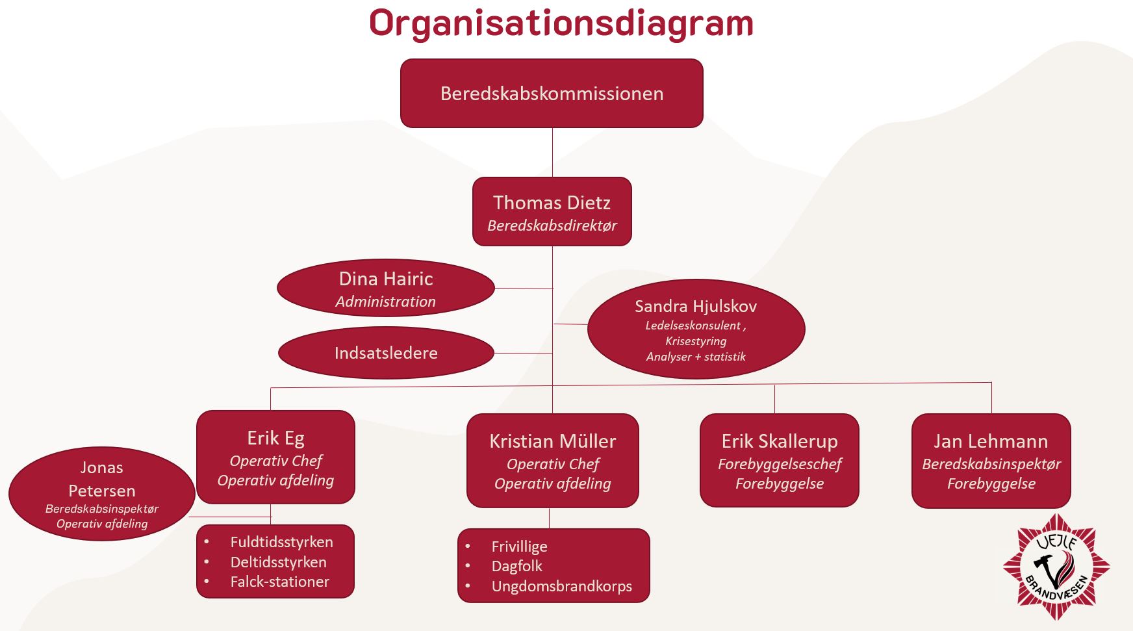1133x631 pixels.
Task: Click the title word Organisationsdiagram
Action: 561,23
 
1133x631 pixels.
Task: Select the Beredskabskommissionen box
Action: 552,94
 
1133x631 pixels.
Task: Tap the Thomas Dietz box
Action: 552,211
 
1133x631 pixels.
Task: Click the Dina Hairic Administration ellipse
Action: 386,288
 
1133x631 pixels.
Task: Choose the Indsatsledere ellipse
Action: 386,353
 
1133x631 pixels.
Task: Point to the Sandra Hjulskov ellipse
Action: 696,329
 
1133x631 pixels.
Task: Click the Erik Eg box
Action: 275,457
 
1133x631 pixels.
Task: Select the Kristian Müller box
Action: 552,460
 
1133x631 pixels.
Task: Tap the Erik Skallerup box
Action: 779,460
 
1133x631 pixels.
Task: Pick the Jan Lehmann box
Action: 991,460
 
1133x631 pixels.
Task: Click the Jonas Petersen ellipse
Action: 101,494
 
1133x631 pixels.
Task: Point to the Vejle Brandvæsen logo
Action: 1056,566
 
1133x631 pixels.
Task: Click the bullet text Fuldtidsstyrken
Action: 281,542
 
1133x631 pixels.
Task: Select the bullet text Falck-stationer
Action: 279,582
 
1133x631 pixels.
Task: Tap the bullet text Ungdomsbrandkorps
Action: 561,586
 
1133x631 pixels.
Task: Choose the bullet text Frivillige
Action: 519,547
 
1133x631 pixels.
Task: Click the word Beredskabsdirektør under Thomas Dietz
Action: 552,225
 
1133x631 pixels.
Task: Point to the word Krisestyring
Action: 696,341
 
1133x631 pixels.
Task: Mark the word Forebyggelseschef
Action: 779,464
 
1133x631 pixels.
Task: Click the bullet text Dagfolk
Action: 516,566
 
